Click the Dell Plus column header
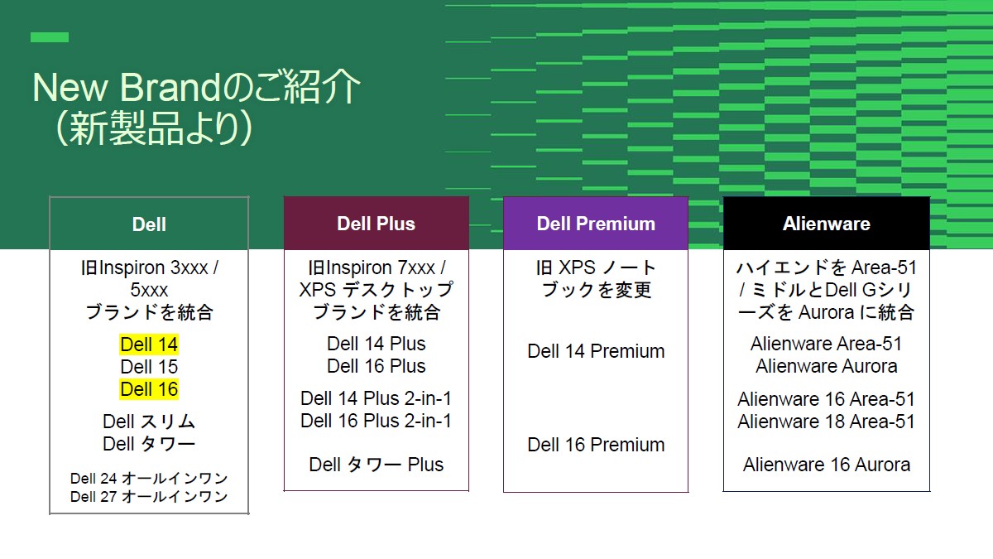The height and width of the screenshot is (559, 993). point(376,224)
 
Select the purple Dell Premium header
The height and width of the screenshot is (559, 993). point(596,224)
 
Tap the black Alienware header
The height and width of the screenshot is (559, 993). point(826,224)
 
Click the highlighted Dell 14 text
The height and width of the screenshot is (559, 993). point(149,345)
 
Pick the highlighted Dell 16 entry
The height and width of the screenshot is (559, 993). point(149,389)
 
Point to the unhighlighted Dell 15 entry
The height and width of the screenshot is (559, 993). point(149,367)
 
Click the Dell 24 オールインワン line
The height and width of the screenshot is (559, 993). point(149,479)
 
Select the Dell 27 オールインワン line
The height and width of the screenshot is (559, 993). point(149,497)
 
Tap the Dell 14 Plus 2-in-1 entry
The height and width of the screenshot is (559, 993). point(376,398)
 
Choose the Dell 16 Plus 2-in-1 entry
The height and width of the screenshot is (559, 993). point(376,421)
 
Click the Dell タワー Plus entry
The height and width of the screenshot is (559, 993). point(376,465)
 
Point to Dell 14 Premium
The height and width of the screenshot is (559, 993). point(596,351)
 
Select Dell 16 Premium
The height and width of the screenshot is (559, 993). point(596,445)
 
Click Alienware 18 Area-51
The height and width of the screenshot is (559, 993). point(826,422)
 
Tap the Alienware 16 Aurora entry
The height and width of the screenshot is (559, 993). point(826,465)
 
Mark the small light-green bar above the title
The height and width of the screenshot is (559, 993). point(50,37)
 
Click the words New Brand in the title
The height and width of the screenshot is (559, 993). point(124,89)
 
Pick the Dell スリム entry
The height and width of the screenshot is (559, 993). point(149,422)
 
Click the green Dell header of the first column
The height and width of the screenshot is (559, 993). point(149,224)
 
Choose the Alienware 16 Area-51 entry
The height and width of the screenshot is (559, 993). point(826,399)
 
